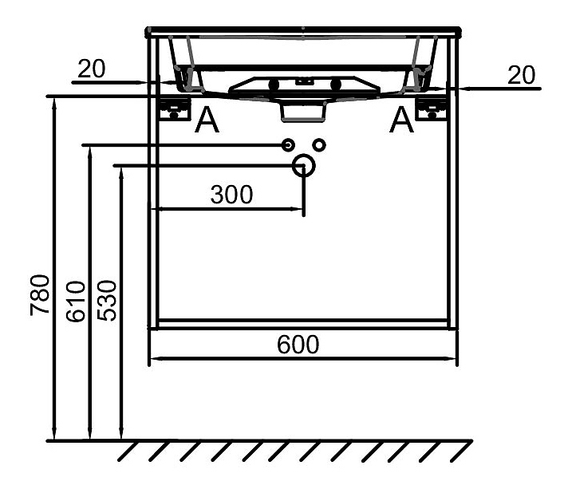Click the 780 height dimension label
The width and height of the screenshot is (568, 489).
(x=40, y=295)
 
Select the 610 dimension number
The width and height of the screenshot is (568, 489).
(x=76, y=302)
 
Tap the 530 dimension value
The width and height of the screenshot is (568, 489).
(x=107, y=300)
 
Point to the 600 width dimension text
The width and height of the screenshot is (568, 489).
(x=298, y=345)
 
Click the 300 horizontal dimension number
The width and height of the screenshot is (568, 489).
(x=231, y=195)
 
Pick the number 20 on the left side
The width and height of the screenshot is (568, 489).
(x=91, y=69)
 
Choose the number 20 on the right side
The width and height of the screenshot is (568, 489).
(x=521, y=75)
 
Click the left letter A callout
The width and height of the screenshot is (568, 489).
(x=207, y=120)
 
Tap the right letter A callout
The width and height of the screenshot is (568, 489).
(x=401, y=120)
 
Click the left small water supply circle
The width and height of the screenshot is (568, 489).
(x=288, y=145)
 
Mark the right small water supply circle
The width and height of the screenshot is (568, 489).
(x=319, y=145)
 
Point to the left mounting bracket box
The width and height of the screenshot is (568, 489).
(x=176, y=108)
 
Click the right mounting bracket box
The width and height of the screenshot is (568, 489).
(x=432, y=108)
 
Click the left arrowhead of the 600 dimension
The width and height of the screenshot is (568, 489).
(x=156, y=359)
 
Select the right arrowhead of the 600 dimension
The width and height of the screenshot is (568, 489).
(x=450, y=359)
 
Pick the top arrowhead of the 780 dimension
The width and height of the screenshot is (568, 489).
(x=54, y=104)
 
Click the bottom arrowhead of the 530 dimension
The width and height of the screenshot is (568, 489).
(x=121, y=433)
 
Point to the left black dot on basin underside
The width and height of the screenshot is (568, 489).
(x=274, y=85)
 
